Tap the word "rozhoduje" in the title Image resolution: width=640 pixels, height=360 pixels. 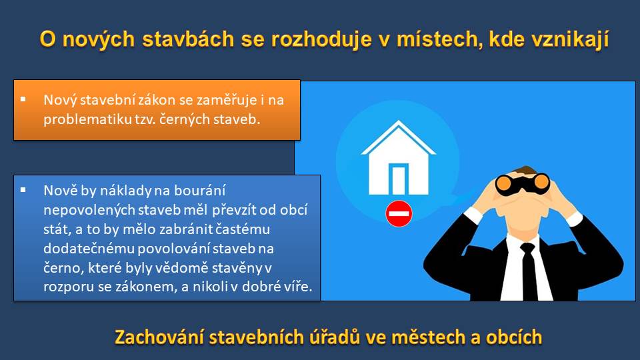point(321,40)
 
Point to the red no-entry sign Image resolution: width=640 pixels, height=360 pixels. point(399,213)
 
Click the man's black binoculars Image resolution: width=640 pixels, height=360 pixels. point(523,184)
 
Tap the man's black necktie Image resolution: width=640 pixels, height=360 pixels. point(529,271)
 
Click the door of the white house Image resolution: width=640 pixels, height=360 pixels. point(399,179)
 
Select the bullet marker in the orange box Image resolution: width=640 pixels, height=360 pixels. point(23,99)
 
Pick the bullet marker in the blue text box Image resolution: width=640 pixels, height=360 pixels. point(23,189)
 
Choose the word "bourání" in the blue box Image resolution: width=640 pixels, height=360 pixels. point(199,191)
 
